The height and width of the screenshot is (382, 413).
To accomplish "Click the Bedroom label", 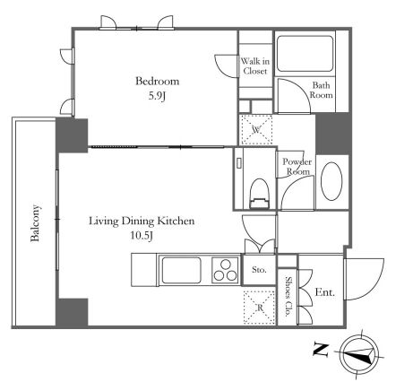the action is tap(157, 82).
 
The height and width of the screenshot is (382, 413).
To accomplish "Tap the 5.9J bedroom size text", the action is tap(157, 96).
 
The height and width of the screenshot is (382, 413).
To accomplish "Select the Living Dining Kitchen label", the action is tap(142, 221).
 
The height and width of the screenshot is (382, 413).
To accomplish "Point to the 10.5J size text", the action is tap(142, 236).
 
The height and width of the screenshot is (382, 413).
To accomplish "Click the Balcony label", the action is tap(35, 223).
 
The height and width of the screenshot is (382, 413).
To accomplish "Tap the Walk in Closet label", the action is tap(255, 66).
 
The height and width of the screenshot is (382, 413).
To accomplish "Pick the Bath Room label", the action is tap(321, 90).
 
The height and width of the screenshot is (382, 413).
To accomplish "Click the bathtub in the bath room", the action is tap(305, 54).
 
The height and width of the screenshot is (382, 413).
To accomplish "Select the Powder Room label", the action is tap(297, 167).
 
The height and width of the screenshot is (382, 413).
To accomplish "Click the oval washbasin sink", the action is tap(331, 181).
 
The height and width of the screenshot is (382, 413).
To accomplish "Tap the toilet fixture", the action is tap(260, 194).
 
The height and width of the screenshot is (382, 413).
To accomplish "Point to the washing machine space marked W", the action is tap(256, 130).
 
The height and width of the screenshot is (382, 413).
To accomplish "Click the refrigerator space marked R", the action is tap(259, 308).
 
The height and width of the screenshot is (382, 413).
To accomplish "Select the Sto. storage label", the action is tap(259, 270).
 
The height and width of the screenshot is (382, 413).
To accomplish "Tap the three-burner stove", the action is tap(226, 270).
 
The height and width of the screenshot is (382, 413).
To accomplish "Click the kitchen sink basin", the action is tap(181, 270).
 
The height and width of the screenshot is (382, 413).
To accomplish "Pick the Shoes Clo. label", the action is tap(288, 297).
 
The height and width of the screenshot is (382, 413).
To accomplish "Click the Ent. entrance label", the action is tap(325, 292).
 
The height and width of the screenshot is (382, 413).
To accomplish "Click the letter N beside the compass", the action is tap(321, 350).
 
